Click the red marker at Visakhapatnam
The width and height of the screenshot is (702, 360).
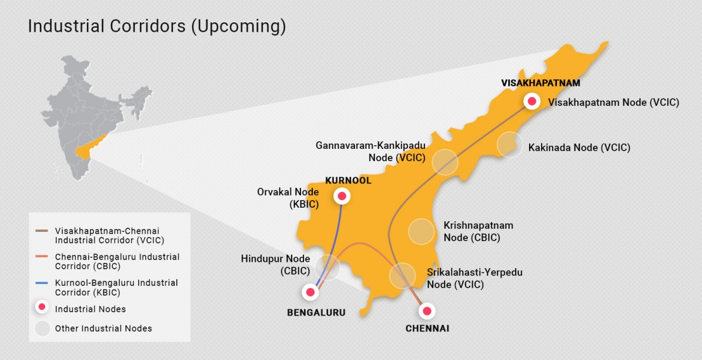(x=532, y=101)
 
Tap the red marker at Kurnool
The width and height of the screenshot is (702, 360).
(x=341, y=195)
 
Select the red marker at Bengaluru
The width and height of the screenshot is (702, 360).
(x=309, y=291)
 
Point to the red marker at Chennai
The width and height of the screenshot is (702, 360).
(x=427, y=311)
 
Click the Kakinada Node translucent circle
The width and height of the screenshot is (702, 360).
(x=509, y=145)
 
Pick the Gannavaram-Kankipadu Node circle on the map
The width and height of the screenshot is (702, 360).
(x=445, y=162)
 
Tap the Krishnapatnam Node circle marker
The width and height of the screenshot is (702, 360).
(x=421, y=231)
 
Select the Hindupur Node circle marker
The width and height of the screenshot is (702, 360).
(x=327, y=267)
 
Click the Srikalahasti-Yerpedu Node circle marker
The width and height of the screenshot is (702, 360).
(x=402, y=275)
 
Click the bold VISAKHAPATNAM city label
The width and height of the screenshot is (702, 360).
(x=540, y=83)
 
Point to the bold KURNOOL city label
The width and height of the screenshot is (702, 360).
(x=349, y=181)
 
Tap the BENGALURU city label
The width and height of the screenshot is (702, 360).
(x=316, y=312)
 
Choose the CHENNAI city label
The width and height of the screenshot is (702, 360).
(x=427, y=328)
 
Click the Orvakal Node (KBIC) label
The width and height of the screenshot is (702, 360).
(x=288, y=198)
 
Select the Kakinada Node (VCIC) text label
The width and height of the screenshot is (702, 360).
(x=579, y=148)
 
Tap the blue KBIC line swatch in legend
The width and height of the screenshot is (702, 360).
(x=41, y=283)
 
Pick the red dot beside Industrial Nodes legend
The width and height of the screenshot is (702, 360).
(x=42, y=308)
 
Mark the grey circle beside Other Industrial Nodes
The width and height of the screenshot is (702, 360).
(x=42, y=328)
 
